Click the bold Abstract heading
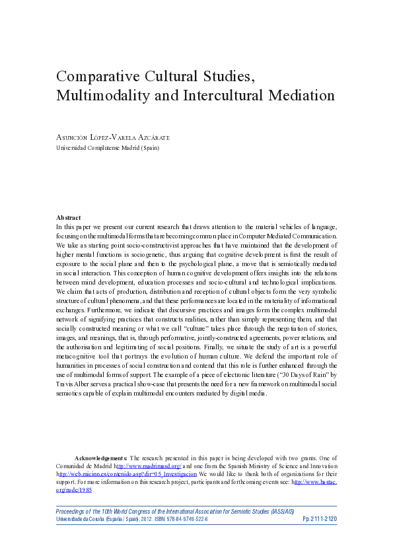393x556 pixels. (x=69, y=218)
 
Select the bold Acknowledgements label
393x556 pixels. (x=100, y=458)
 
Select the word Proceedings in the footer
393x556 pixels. (x=73, y=510)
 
